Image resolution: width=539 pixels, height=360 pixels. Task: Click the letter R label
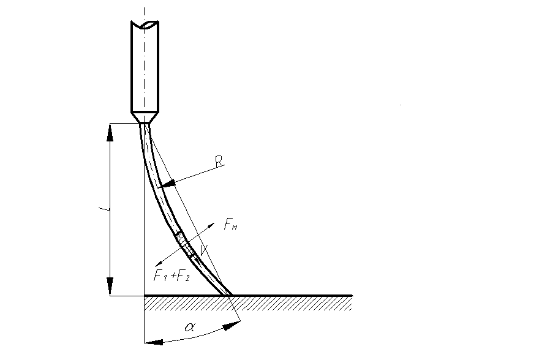219,162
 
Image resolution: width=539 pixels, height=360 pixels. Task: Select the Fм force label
230,224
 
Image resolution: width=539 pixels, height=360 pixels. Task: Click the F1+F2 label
171,276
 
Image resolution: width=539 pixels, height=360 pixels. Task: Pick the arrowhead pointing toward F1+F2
159,263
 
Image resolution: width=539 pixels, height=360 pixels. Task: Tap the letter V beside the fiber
203,250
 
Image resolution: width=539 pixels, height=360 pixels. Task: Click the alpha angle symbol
190,326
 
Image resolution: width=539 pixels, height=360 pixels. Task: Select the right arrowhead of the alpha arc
232,325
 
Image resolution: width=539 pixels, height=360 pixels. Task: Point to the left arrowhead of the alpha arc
153,342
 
